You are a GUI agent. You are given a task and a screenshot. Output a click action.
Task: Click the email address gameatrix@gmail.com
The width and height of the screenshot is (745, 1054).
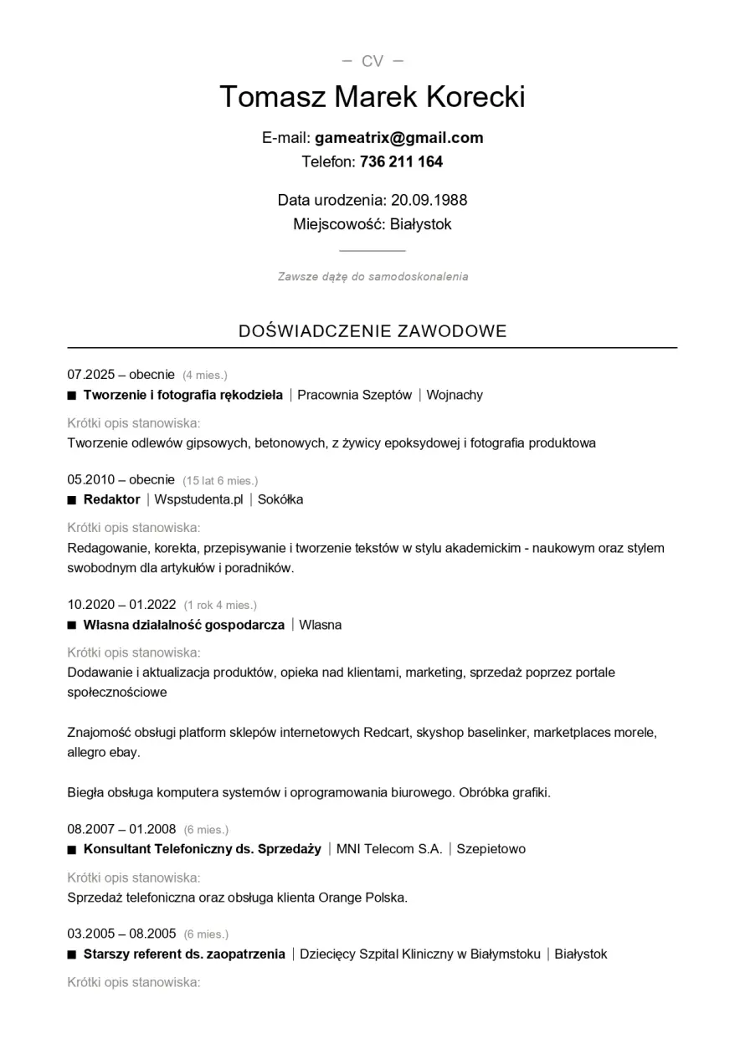pos(398,138)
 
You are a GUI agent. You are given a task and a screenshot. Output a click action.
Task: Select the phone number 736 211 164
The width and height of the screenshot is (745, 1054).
pos(401,161)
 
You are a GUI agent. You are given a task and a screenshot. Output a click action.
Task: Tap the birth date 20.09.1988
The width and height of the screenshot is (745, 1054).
pos(429,200)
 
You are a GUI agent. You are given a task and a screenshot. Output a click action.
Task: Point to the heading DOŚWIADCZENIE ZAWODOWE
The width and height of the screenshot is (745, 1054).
pos(372,331)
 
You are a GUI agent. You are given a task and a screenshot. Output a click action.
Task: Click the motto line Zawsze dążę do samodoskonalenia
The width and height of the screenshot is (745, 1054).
pos(372,277)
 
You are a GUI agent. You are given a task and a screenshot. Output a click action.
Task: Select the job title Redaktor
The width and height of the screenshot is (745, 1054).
pos(111,499)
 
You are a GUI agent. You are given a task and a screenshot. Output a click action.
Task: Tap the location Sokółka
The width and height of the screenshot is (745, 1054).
pos(280,499)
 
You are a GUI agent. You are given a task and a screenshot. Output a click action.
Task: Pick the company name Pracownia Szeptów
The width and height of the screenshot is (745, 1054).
pos(354,395)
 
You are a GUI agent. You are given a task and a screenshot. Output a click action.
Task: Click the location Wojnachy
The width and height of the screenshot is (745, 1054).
pos(455,395)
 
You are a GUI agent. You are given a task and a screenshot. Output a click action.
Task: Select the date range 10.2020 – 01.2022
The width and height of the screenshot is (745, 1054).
pos(121,604)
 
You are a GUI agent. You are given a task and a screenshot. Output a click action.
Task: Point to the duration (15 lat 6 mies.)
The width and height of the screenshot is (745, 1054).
pos(220,480)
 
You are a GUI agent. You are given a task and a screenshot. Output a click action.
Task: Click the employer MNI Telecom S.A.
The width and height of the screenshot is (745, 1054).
pos(389,849)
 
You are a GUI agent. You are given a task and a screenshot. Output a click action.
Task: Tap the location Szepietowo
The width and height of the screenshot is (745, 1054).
pos(491,849)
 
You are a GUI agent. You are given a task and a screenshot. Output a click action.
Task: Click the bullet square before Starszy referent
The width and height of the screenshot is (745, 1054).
pos(72,954)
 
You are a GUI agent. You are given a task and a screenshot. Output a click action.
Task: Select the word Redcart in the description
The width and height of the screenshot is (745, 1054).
pos(386,733)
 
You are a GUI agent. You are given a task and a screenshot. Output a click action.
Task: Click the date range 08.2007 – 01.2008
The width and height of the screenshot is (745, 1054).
pos(121,829)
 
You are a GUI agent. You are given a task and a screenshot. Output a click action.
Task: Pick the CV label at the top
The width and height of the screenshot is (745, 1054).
pos(372,61)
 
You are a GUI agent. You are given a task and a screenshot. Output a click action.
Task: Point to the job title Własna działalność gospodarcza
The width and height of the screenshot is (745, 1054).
pos(183,625)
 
